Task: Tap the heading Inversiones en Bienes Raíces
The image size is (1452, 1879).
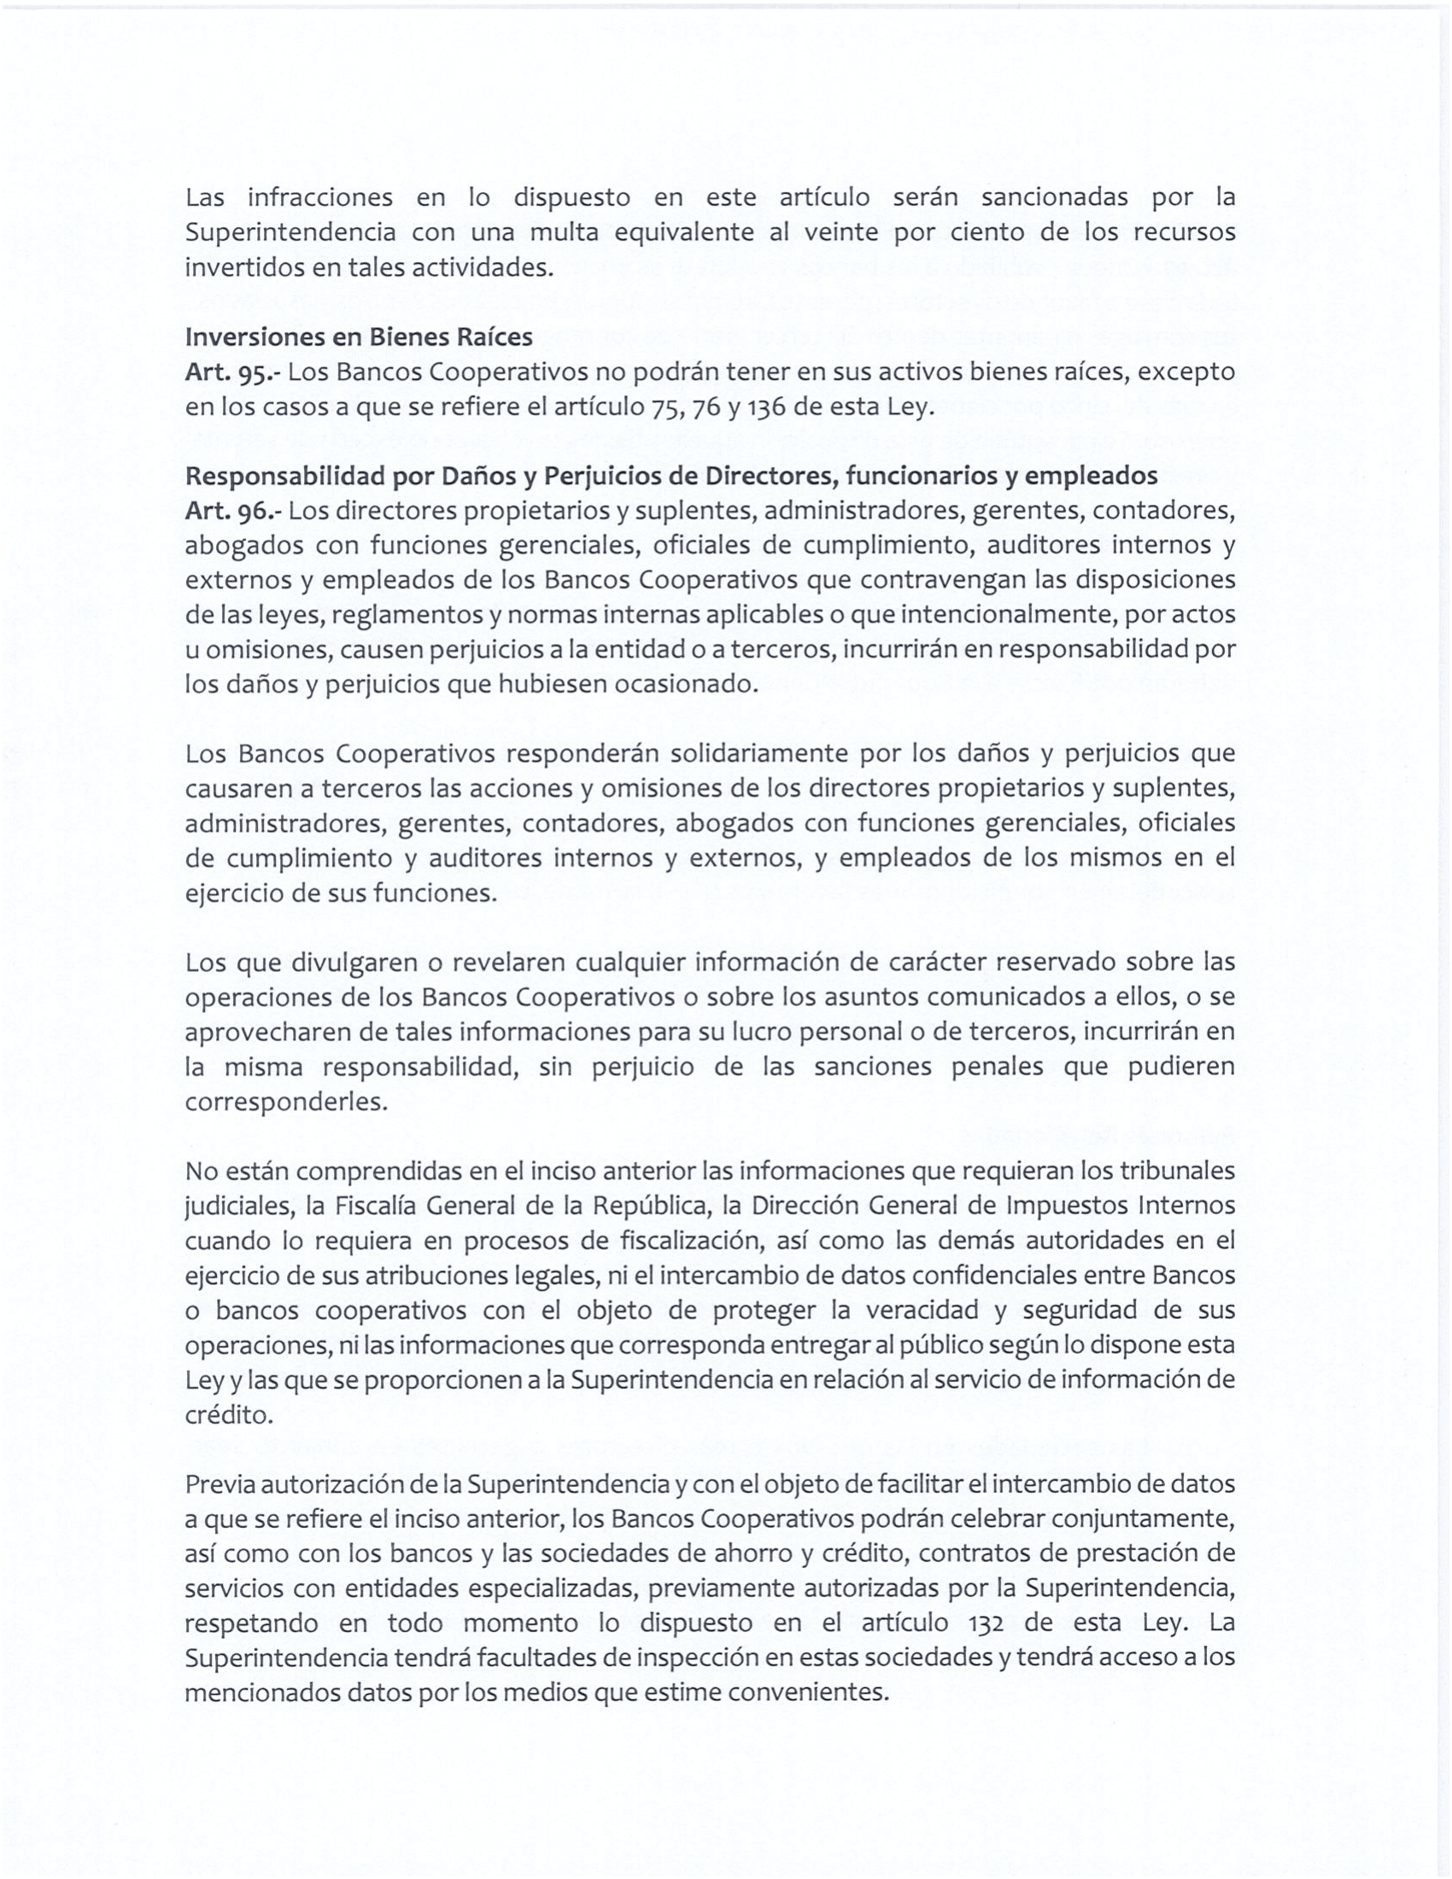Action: coord(359,337)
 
